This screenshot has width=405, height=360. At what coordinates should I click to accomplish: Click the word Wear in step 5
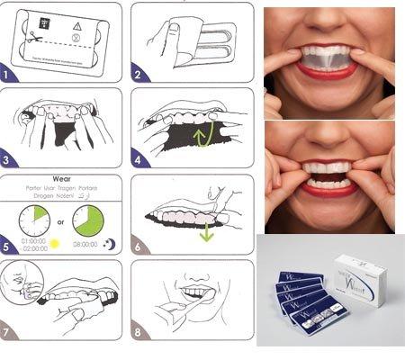point(63,181)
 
